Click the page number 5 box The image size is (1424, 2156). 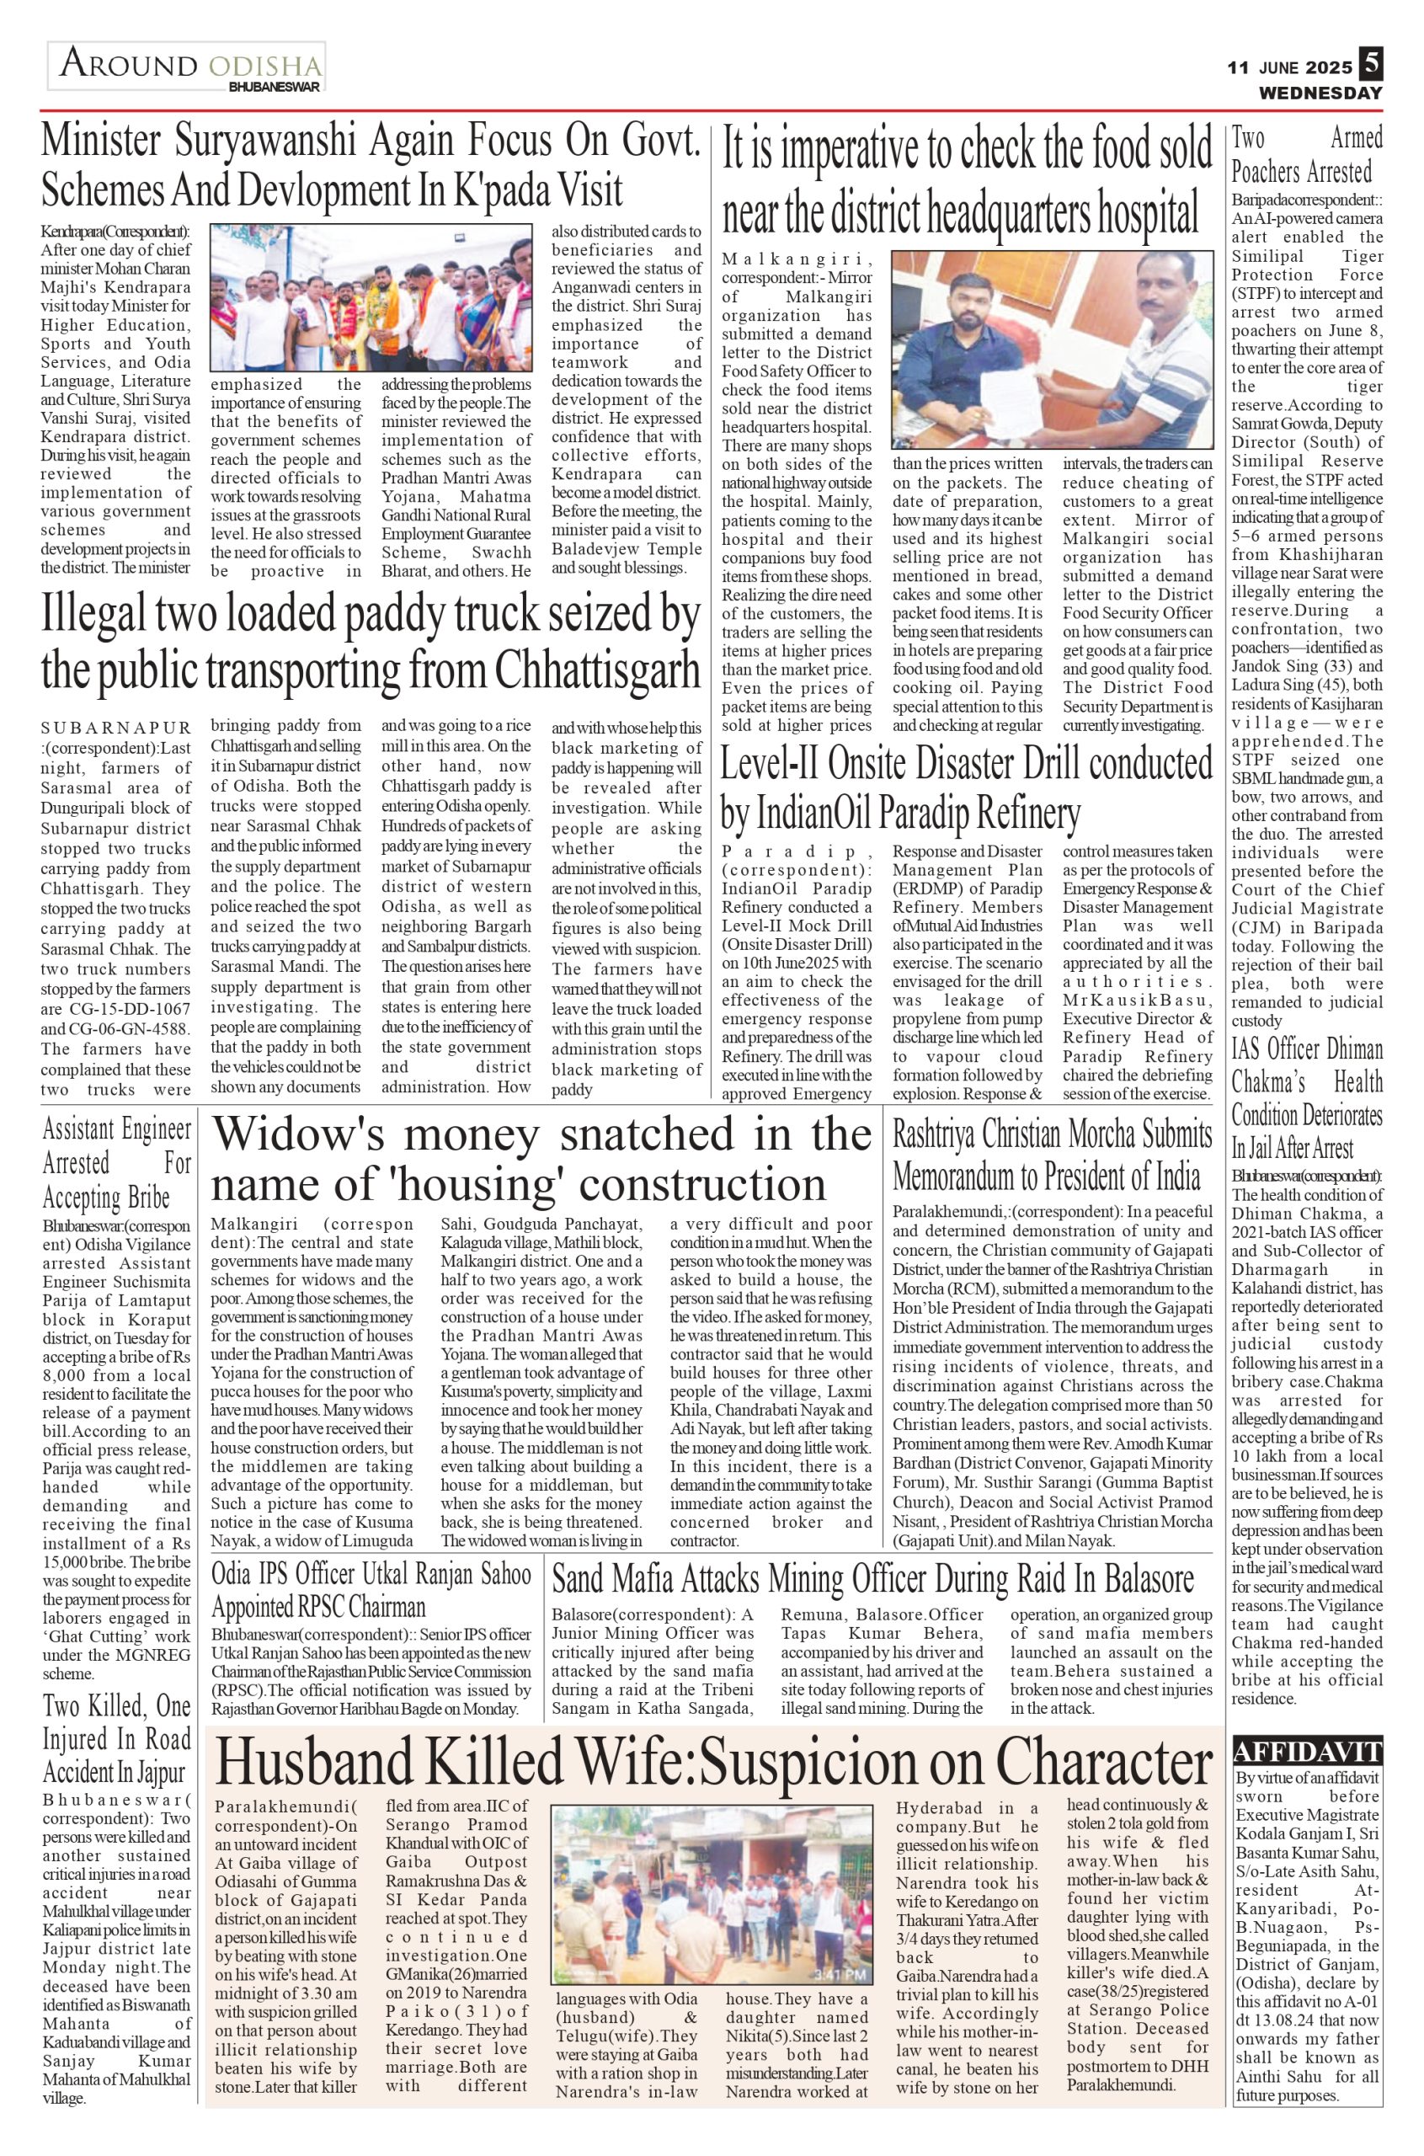click(x=1370, y=65)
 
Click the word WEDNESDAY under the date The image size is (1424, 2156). click(x=1320, y=93)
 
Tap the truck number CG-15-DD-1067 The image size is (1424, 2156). click(x=116, y=1009)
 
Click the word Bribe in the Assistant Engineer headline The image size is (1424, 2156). click(x=146, y=1198)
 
